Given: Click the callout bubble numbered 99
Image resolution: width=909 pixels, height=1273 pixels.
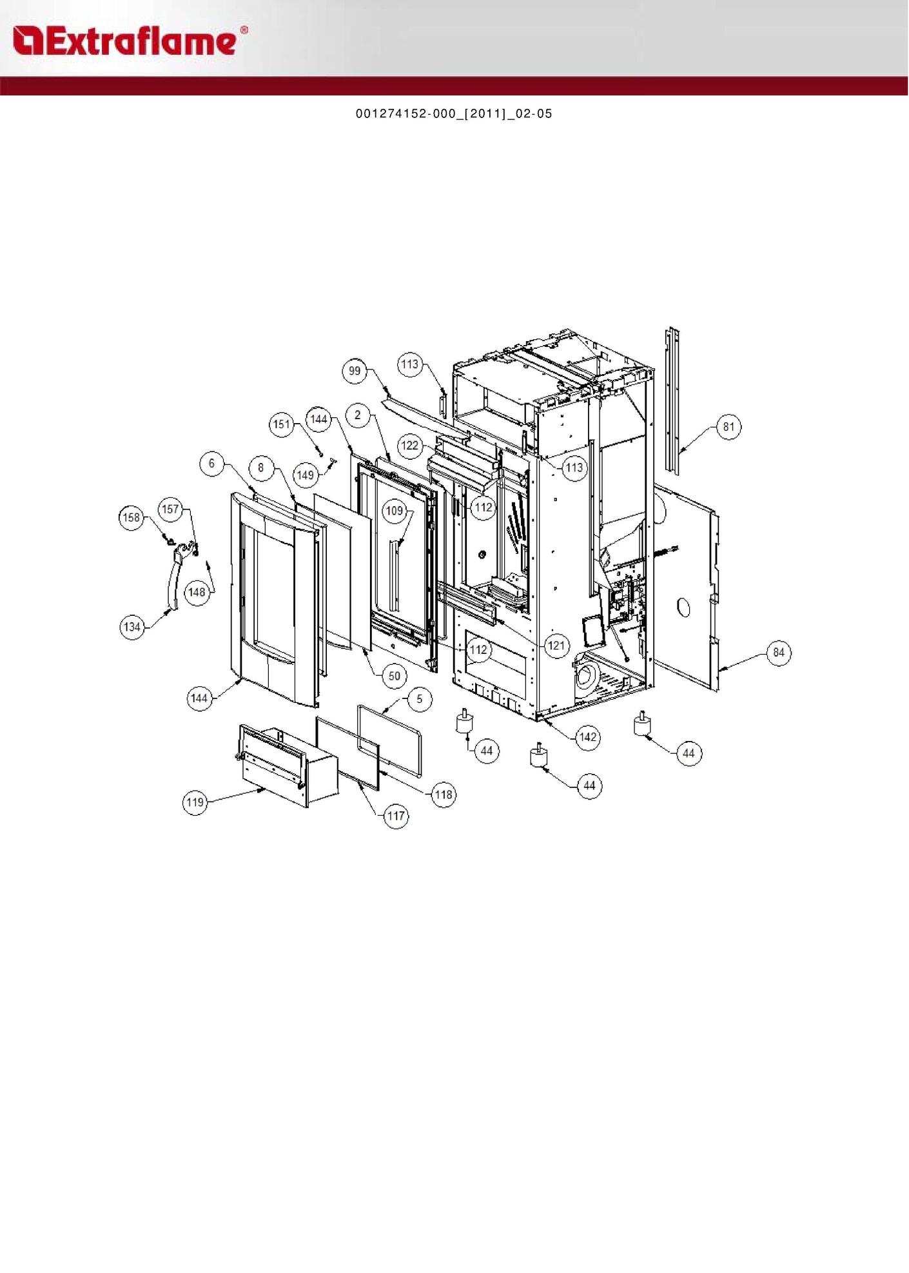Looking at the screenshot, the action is [355, 371].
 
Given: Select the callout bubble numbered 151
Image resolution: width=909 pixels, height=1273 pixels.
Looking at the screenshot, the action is [282, 424].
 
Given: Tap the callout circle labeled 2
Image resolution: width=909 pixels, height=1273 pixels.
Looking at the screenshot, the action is [358, 415].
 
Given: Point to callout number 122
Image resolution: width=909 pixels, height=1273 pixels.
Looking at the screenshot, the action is [410, 446].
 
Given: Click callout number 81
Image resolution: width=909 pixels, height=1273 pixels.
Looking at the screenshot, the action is [728, 427].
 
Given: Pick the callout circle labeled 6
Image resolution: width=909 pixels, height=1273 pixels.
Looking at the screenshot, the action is [211, 464].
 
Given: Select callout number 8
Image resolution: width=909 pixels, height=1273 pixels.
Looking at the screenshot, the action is [261, 468].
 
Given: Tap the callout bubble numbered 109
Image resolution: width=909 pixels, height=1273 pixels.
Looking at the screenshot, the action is [395, 511].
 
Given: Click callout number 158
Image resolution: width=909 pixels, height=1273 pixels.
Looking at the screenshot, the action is [132, 517].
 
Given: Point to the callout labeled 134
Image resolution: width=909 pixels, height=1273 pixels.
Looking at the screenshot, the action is [132, 627].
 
